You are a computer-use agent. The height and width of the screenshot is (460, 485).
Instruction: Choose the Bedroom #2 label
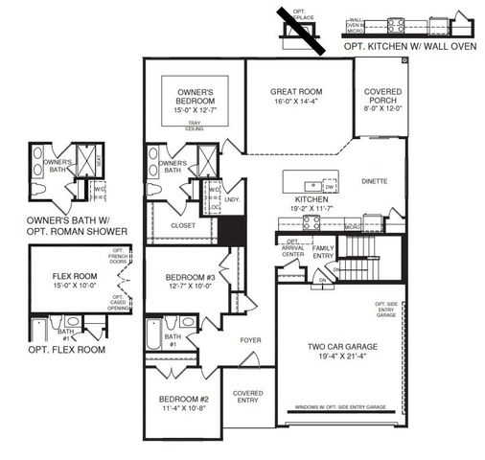pyautogui.click(x=185, y=399)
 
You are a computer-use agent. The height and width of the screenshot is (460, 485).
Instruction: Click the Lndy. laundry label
pyautogui.click(x=231, y=200)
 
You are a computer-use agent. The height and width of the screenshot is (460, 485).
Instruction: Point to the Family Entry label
pyautogui.click(x=323, y=251)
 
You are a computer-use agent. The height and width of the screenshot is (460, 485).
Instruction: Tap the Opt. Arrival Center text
pyautogui.click(x=291, y=250)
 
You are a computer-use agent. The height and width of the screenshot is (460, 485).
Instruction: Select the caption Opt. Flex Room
pyautogui.click(x=66, y=350)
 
